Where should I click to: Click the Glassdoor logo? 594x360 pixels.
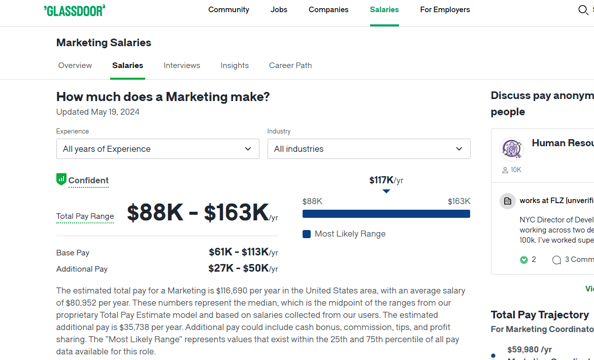tap(75, 10)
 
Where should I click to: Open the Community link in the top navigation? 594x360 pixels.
tap(229, 10)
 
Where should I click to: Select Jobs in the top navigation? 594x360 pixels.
tap(279, 10)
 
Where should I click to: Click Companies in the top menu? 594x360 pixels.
tap(328, 10)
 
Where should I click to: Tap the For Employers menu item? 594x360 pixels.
tap(445, 10)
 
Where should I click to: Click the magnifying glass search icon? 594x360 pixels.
tap(583, 10)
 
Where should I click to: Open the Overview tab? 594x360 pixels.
tap(75, 66)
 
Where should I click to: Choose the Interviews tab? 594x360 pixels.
tap(182, 66)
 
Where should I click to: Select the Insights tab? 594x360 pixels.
tap(235, 66)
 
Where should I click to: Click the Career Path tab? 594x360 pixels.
tap(290, 66)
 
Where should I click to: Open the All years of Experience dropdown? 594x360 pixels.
tap(157, 149)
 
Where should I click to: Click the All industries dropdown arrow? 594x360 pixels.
tap(459, 149)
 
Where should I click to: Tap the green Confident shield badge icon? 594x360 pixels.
tap(61, 179)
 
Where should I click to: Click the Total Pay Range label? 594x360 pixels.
tap(85, 216)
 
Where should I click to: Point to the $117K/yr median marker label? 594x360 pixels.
tap(386, 180)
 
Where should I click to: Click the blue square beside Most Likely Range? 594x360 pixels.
tap(307, 234)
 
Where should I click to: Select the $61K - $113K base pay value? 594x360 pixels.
tap(243, 252)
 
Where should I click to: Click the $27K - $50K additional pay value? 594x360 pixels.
tap(243, 268)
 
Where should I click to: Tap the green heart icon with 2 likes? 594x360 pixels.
tap(524, 260)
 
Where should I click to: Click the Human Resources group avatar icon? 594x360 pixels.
tap(511, 149)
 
